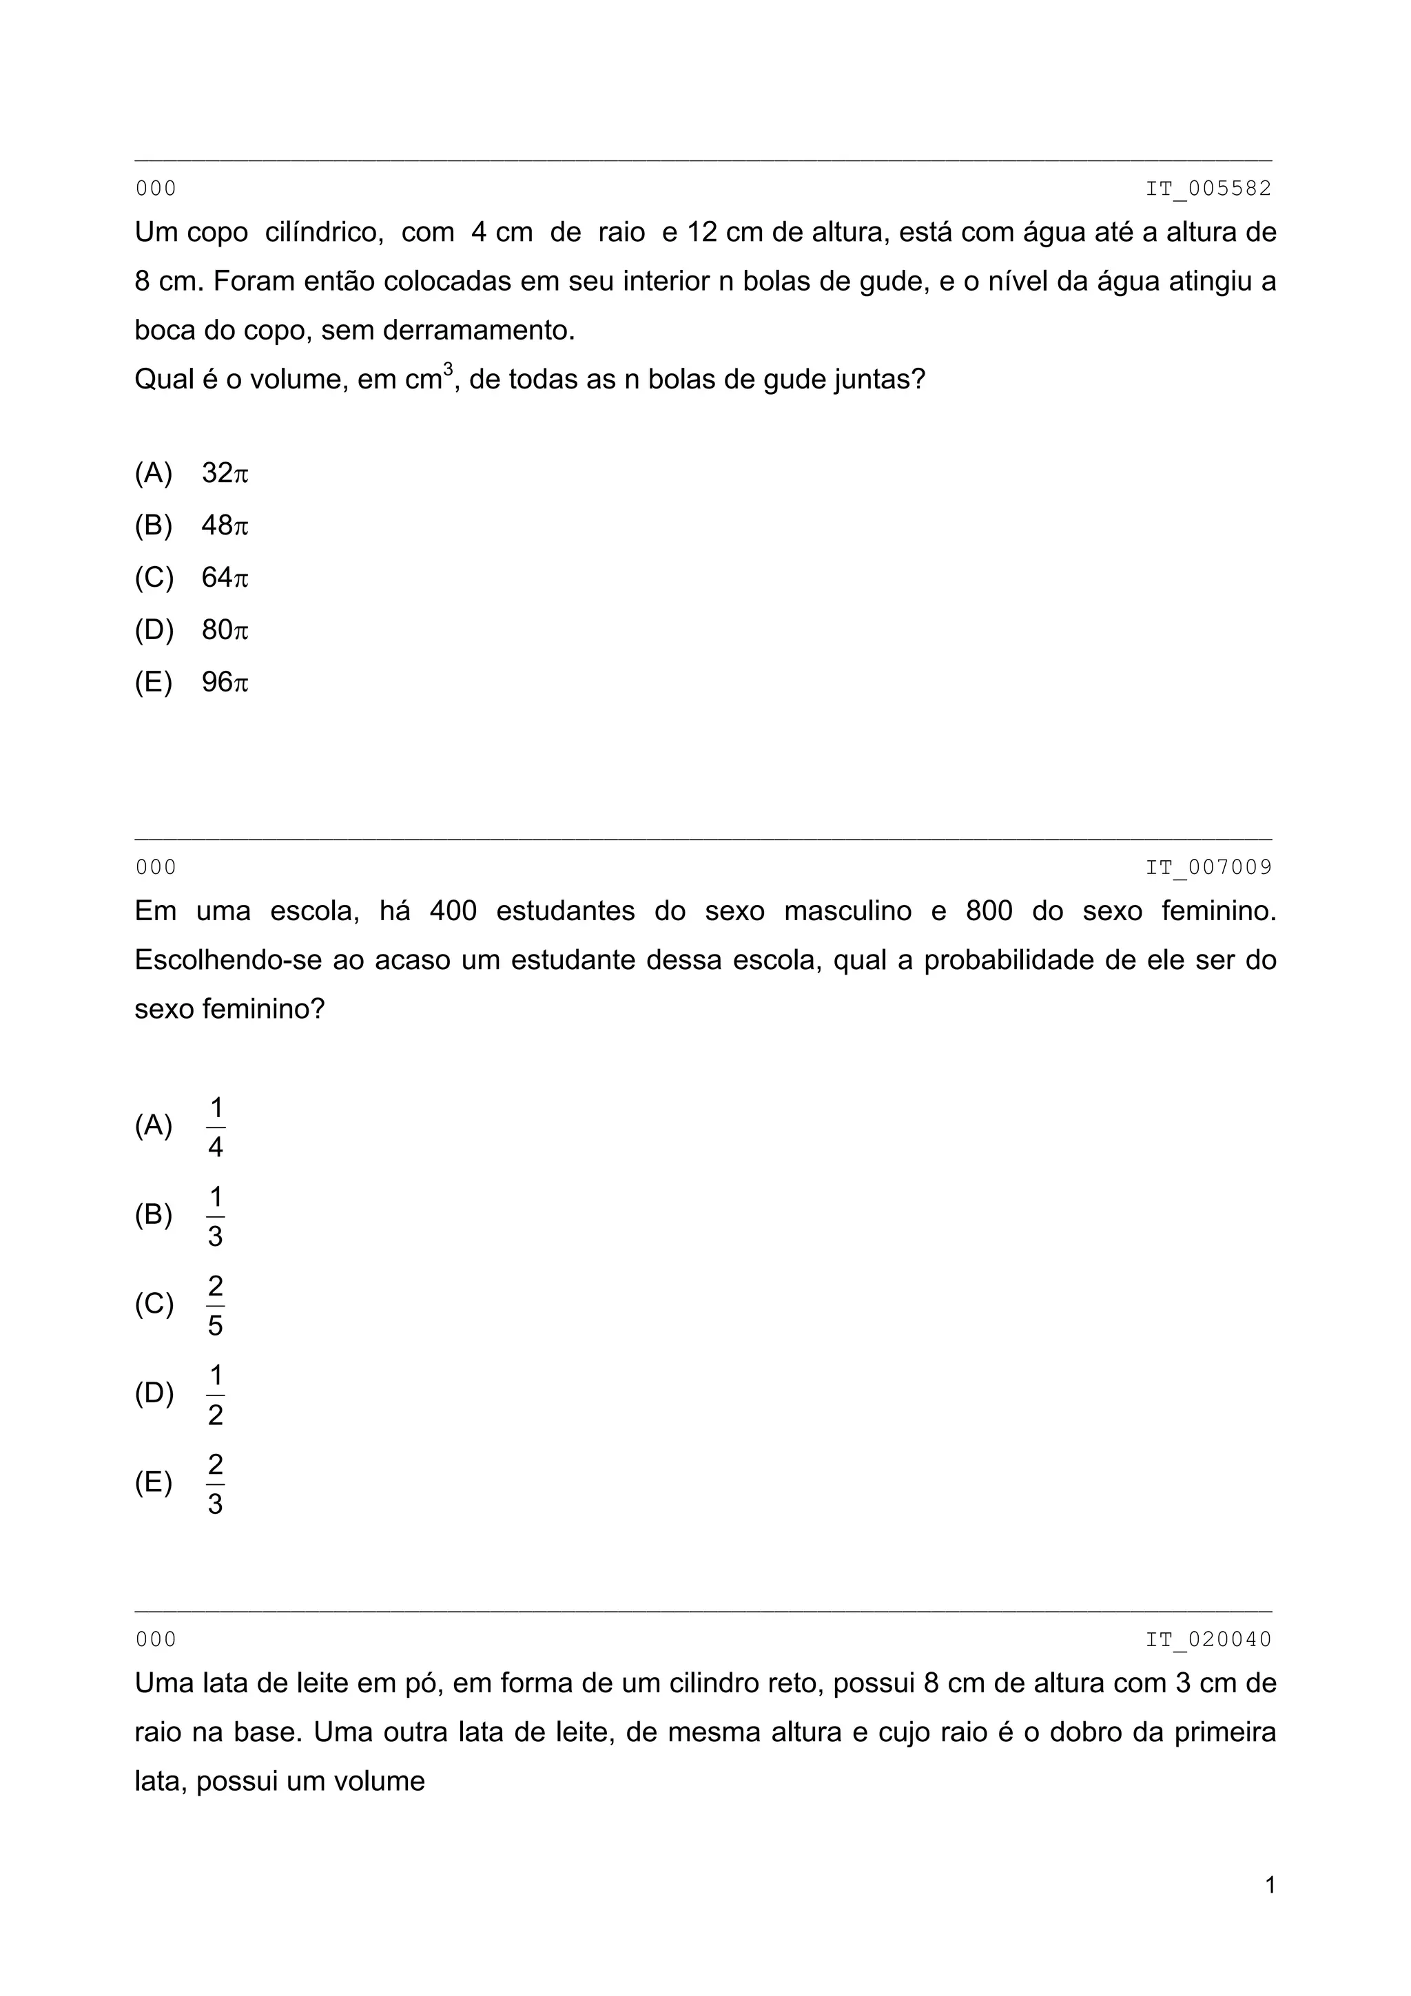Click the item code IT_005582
pyautogui.click(x=1208, y=189)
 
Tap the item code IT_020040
pyautogui.click(x=1208, y=1639)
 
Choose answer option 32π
pyautogui.click(x=225, y=474)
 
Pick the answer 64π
pyautogui.click(x=225, y=578)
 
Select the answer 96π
pyautogui.click(x=225, y=683)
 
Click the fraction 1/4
pyautogui.click(x=216, y=1127)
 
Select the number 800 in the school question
pyautogui.click(x=989, y=911)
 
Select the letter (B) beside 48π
pyautogui.click(x=154, y=526)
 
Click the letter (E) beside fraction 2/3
pyautogui.click(x=154, y=1483)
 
